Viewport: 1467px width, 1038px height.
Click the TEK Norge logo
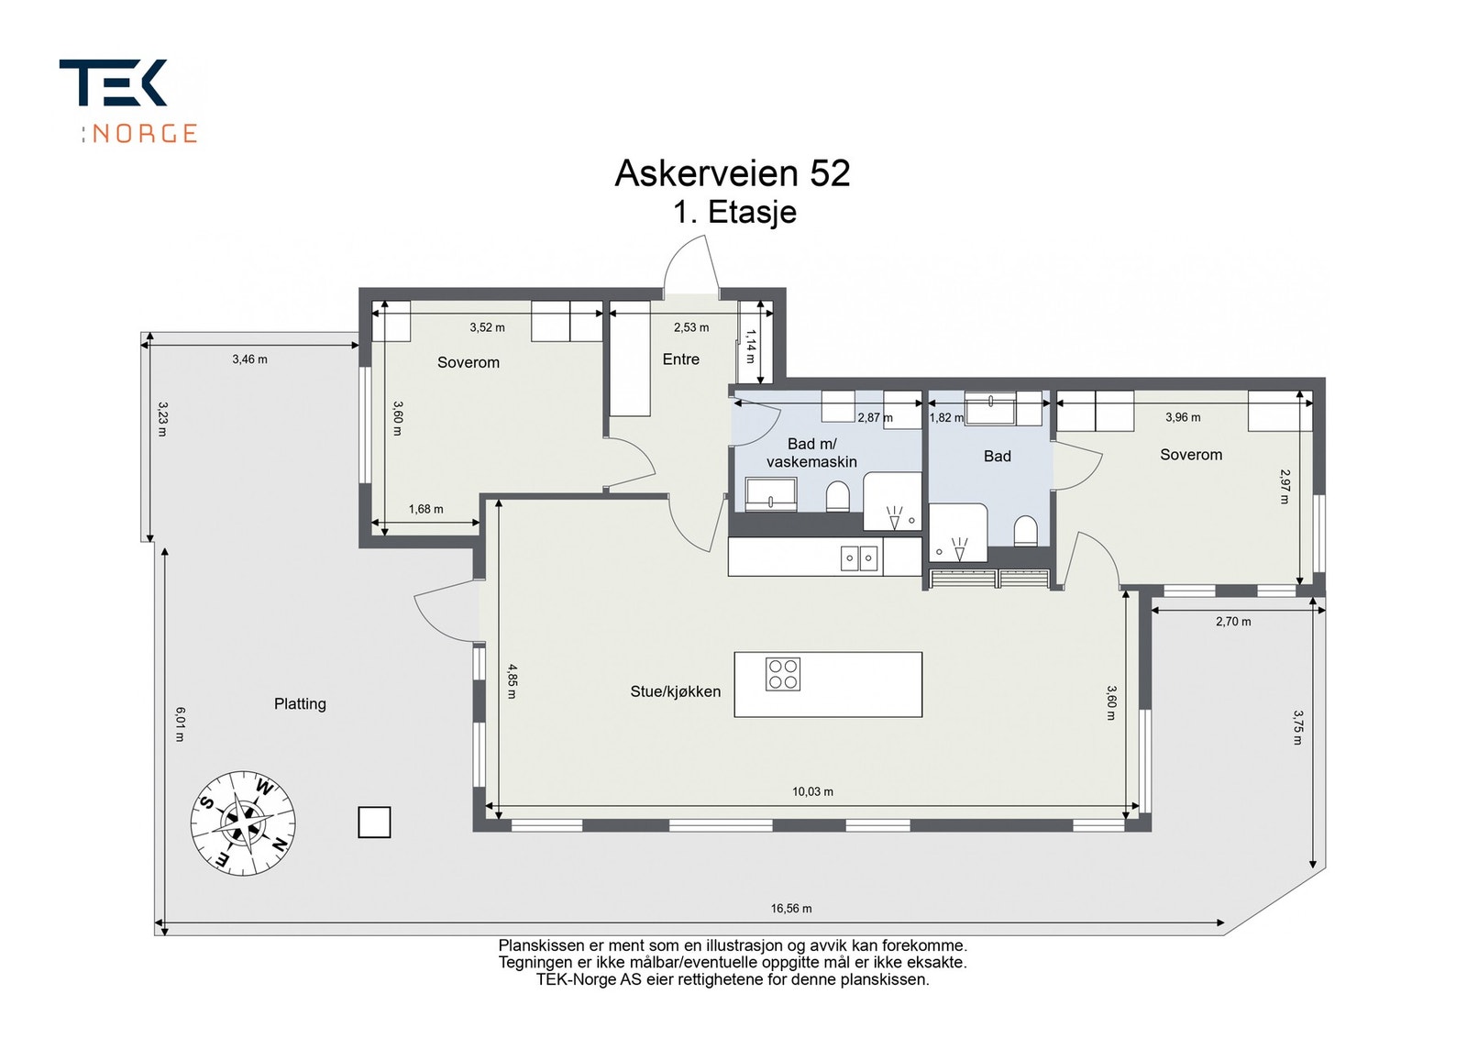(x=128, y=99)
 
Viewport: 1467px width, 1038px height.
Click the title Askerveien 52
(x=732, y=173)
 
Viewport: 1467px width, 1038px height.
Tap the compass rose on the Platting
(x=243, y=823)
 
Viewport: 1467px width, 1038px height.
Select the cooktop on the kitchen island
(x=783, y=674)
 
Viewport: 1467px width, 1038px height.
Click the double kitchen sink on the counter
(x=860, y=558)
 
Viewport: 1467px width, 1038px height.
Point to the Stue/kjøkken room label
(x=675, y=691)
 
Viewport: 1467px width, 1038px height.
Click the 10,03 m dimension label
(x=812, y=791)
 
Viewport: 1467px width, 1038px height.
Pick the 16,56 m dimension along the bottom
(x=790, y=909)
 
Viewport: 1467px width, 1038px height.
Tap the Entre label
(x=680, y=359)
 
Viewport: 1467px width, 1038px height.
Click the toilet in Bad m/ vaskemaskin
(x=838, y=499)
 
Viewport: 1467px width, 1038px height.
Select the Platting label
(x=300, y=703)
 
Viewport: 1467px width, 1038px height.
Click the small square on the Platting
(x=374, y=822)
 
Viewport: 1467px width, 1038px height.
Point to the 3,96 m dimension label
(x=1183, y=417)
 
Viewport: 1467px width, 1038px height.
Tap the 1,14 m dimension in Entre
(x=750, y=347)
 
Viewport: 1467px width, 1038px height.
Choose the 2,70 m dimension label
(x=1233, y=622)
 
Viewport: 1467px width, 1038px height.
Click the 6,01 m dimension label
(x=180, y=723)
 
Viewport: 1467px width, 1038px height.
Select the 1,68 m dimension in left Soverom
(x=425, y=509)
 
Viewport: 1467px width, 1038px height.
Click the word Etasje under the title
(x=752, y=213)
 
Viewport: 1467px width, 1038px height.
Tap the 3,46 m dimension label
(x=249, y=359)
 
